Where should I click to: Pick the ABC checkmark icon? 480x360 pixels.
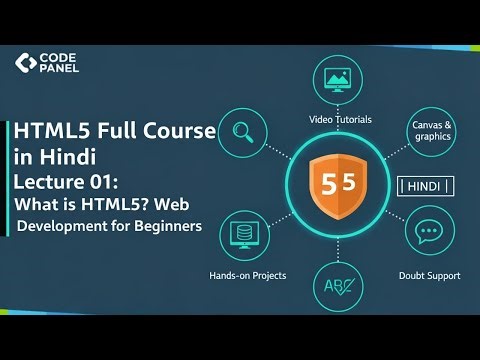pyautogui.click(x=339, y=288)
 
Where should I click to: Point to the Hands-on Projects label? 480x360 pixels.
pyautogui.click(x=246, y=275)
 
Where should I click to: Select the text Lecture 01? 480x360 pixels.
pyautogui.click(x=67, y=180)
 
